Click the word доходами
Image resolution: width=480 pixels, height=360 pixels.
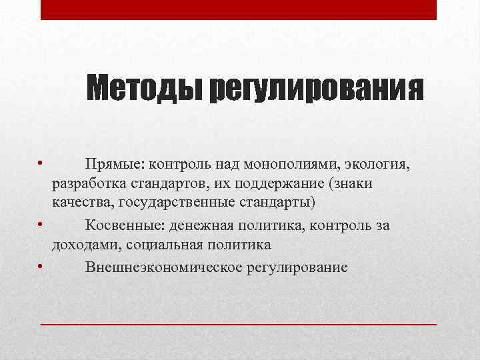pyautogui.click(x=82, y=245)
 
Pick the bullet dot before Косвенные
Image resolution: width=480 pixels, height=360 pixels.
pyautogui.click(x=41, y=225)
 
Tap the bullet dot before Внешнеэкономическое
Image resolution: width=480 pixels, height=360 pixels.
pyautogui.click(x=41, y=267)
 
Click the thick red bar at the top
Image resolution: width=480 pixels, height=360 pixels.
pyautogui.click(x=238, y=9)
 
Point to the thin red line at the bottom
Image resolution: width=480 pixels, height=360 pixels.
pyautogui.click(x=238, y=323)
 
